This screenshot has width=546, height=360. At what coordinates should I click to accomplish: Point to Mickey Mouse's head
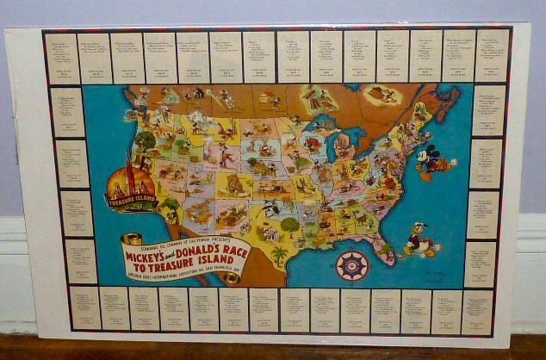tap(429, 152)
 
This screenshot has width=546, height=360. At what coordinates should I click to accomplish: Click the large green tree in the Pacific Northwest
tap(145, 140)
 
